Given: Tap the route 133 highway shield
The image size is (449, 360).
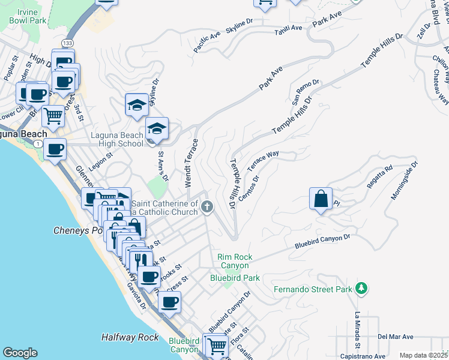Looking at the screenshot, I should click(68, 43).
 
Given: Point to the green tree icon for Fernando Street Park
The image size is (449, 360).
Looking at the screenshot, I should click(361, 289).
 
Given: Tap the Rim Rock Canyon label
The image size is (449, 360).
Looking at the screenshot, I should click(235, 262).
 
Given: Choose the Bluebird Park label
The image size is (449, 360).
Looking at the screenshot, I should click(235, 278).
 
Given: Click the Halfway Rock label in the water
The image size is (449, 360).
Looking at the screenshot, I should click(130, 337).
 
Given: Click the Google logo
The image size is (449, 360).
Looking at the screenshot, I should click(20, 353).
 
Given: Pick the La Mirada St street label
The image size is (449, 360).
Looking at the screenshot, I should click(357, 329).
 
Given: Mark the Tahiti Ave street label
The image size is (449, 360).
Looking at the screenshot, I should click(288, 31).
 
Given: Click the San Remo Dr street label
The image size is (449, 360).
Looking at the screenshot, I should click(307, 92).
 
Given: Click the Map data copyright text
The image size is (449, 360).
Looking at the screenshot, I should click(423, 355).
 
